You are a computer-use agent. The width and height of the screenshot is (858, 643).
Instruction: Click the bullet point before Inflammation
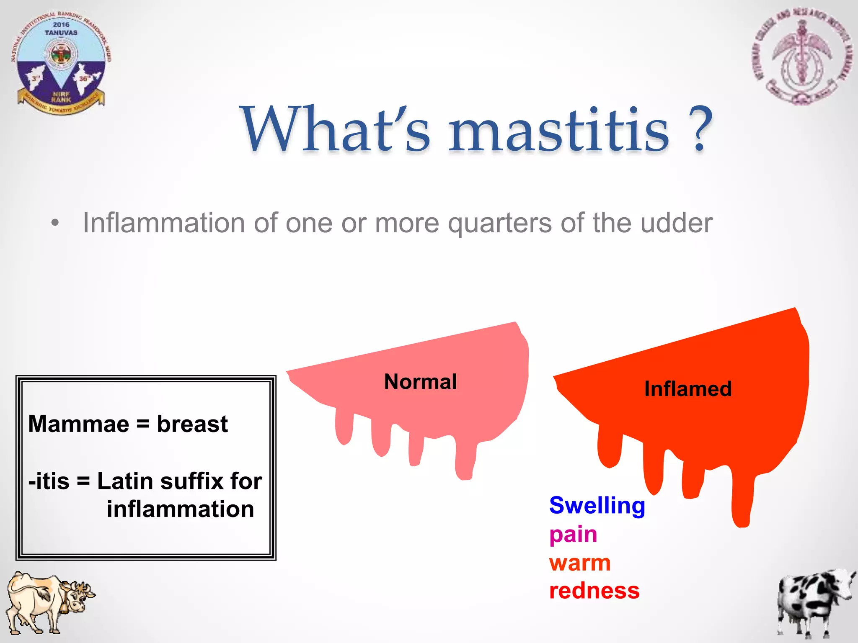(x=55, y=223)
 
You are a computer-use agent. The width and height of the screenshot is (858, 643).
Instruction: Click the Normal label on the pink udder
(x=420, y=382)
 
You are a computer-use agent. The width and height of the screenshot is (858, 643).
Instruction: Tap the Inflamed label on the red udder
(x=687, y=389)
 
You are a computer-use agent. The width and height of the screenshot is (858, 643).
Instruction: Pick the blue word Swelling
(x=597, y=506)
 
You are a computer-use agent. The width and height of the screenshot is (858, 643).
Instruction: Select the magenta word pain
(x=573, y=535)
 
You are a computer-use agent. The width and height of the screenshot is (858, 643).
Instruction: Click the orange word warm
(x=580, y=563)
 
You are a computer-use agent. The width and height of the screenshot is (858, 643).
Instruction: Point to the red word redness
(x=594, y=591)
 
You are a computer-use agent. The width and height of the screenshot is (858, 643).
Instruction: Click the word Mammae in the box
(x=78, y=424)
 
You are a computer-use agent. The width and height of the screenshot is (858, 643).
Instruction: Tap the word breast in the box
(x=192, y=424)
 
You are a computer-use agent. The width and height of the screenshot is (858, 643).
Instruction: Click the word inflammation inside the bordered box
(x=180, y=509)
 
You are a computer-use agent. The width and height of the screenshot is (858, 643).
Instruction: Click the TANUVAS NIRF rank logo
(x=61, y=63)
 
